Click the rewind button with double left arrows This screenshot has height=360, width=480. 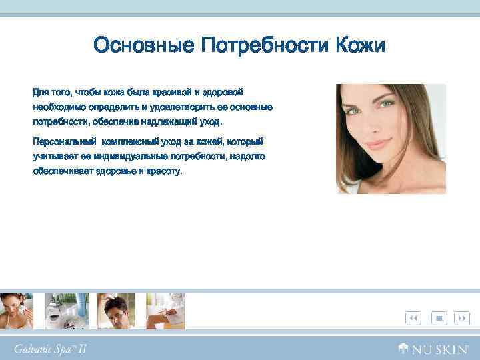(x=413, y=319)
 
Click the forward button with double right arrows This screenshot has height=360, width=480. (x=461, y=319)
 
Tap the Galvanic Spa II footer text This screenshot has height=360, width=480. (x=51, y=348)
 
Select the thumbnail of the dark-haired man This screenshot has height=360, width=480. (x=116, y=311)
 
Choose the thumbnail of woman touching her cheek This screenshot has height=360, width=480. (x=17, y=311)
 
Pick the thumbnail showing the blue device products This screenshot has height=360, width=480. (x=67, y=311)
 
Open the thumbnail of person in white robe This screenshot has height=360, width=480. (x=165, y=311)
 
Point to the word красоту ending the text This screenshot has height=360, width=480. (x=164, y=171)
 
